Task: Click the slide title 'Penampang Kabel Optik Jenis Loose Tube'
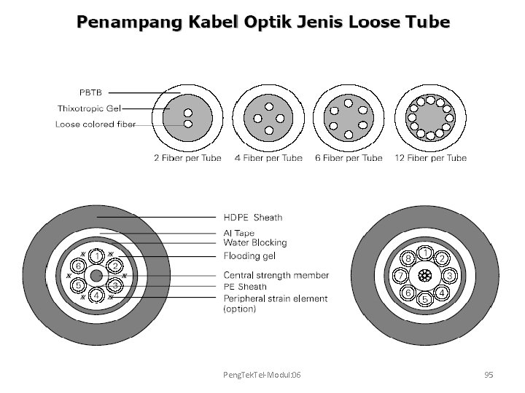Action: point(263,22)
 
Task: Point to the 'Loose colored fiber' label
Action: point(96,124)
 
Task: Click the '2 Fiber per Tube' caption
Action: point(187,158)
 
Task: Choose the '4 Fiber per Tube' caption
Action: point(268,158)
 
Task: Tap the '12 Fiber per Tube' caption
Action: point(430,158)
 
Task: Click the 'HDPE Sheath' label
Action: point(252,217)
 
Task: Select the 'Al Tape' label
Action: point(239,234)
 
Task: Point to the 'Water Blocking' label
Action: point(255,243)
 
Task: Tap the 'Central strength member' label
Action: point(276,276)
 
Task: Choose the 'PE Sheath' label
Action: point(246,287)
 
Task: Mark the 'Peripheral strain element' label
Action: point(275,298)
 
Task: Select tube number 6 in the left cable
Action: point(78,266)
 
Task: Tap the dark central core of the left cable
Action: point(96,276)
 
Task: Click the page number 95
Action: point(489,375)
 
